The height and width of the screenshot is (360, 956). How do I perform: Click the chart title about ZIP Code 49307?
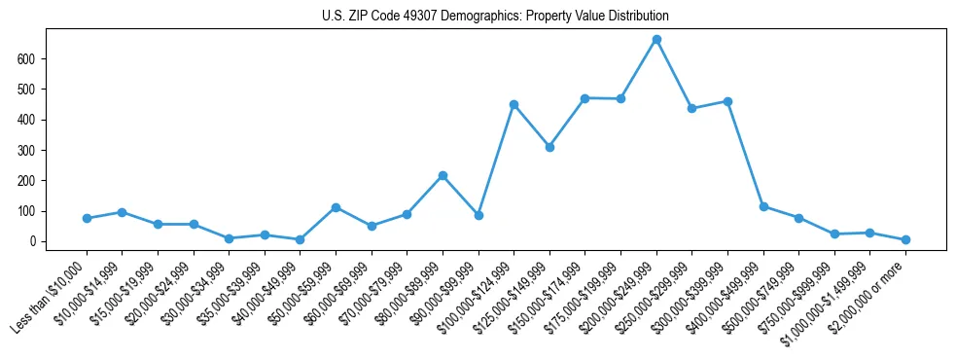coord(495,17)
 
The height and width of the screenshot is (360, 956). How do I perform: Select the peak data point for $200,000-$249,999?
coord(656,40)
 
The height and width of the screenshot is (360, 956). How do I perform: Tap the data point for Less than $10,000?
coord(87,218)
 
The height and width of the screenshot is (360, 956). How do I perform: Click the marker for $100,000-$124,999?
coord(513,104)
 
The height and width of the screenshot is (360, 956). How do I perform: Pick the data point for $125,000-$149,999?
coord(549,148)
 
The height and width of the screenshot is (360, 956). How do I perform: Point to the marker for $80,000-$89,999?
coord(443,175)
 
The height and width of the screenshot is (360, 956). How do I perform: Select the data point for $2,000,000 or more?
coord(905,239)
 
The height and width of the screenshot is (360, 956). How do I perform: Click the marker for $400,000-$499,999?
coord(763,206)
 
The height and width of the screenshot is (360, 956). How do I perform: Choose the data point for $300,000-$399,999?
coord(727,101)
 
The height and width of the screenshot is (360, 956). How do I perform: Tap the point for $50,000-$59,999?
coord(336,207)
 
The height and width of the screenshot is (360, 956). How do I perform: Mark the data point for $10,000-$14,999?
coord(123,212)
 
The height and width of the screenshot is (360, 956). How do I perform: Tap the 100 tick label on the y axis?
coord(33,211)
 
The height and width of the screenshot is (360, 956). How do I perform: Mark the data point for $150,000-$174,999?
coord(585,98)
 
